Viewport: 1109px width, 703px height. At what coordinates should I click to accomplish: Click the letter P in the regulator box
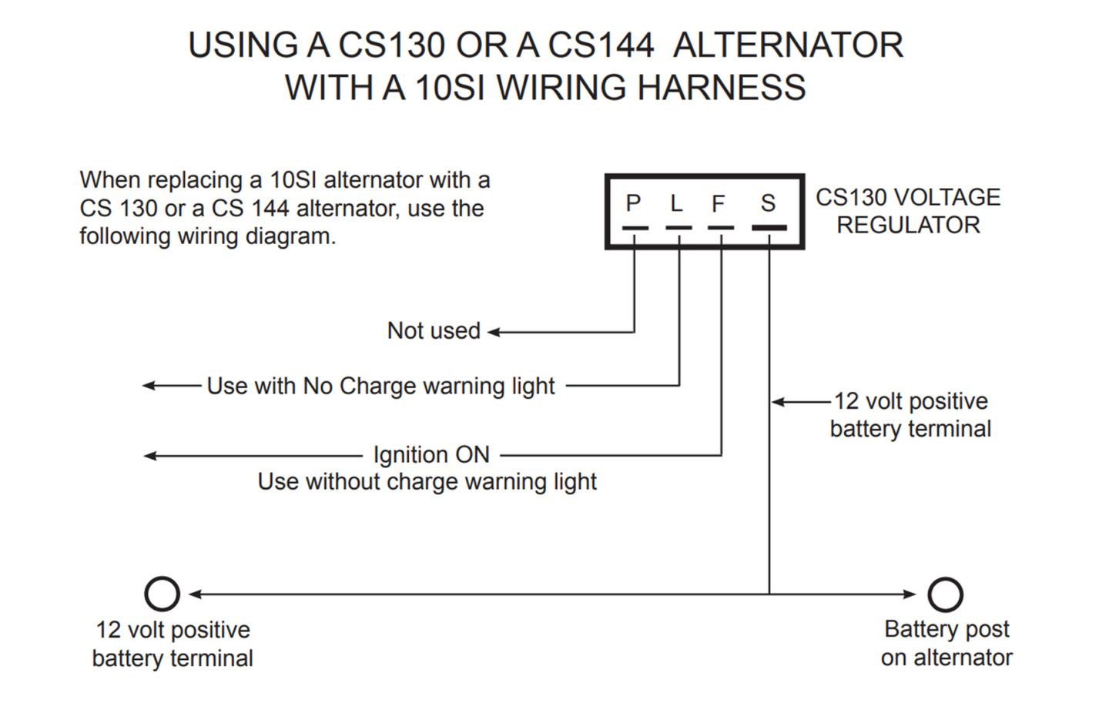tap(633, 203)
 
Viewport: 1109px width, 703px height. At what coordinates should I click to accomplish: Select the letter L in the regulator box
tap(676, 203)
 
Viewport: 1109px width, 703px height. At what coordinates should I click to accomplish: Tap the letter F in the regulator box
tap(718, 203)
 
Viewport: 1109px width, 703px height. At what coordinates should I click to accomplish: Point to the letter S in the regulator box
tap(768, 203)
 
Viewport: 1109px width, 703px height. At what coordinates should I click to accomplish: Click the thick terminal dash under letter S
tap(769, 228)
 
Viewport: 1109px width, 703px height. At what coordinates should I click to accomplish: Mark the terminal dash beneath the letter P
tap(635, 228)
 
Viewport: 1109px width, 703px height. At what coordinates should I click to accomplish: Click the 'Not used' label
tap(434, 331)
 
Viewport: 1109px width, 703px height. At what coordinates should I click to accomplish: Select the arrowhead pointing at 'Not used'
tap(494, 332)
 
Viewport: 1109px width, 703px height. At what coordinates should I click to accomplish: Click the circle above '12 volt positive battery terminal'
tap(162, 594)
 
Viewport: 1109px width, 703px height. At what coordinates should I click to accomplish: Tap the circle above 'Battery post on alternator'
tap(945, 594)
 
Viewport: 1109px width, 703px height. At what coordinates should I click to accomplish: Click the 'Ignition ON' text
tap(431, 455)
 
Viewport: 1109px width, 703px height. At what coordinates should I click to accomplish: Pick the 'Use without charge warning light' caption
tap(427, 482)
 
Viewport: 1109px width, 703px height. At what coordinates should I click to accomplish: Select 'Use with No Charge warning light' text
tap(380, 386)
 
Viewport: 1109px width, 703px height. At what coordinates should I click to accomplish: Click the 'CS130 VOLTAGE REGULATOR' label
tap(908, 211)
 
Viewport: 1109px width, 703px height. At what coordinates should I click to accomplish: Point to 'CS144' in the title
tap(601, 45)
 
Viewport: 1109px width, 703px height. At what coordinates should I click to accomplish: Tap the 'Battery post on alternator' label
tap(947, 644)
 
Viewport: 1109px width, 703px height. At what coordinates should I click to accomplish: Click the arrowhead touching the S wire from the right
tap(778, 402)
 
